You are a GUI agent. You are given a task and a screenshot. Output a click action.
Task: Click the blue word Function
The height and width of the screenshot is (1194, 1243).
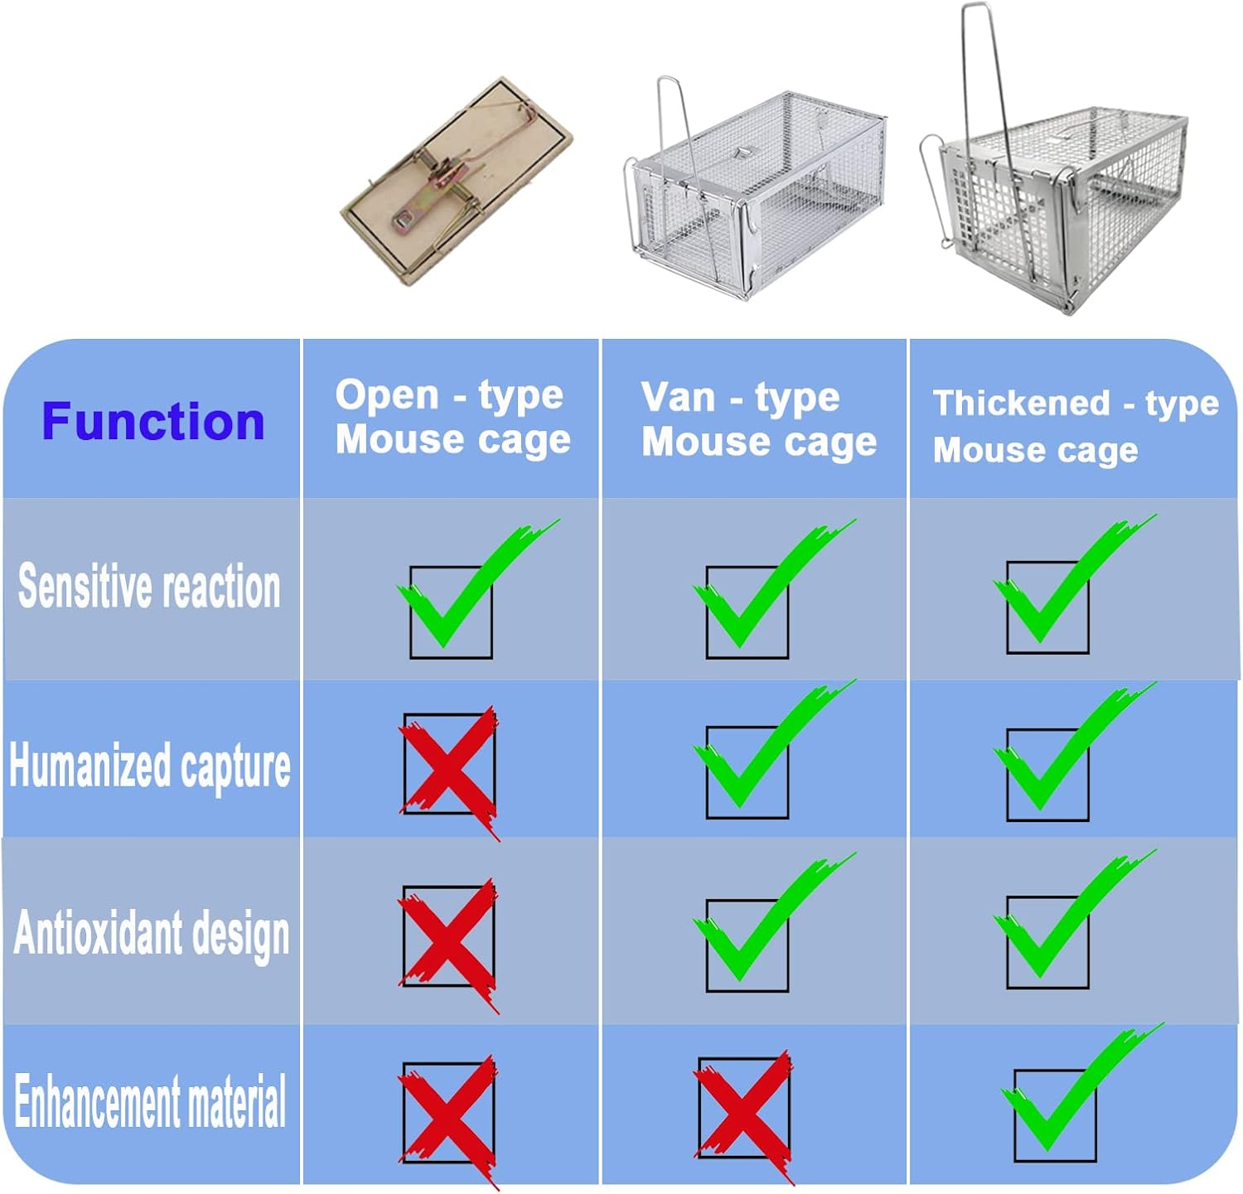(153, 421)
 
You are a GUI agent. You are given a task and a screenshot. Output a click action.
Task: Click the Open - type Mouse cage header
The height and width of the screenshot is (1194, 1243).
(452, 417)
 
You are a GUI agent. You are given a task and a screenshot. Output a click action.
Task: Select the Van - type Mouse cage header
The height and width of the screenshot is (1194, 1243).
(758, 419)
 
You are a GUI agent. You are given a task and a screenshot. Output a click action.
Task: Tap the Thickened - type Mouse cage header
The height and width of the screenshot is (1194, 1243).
(1075, 426)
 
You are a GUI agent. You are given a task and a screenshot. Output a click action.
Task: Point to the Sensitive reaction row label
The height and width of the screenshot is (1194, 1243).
(149, 587)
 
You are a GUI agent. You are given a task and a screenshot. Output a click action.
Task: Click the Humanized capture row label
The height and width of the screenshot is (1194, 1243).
(150, 766)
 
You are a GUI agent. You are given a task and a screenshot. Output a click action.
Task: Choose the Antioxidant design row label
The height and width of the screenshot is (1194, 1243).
(152, 934)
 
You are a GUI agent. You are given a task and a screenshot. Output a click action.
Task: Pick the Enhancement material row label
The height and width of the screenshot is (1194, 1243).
(150, 1101)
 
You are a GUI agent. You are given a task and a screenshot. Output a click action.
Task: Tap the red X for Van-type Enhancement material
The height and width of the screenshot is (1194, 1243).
(744, 1109)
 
